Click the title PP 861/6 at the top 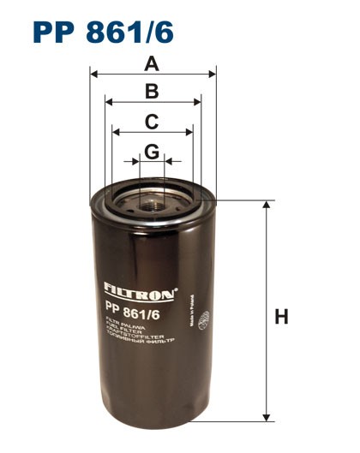click(103, 30)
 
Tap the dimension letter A click(153, 63)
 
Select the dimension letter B click(153, 92)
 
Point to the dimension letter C click(152, 122)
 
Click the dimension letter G click(152, 152)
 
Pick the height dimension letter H click(281, 317)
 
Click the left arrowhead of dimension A click(93, 75)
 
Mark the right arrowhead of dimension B click(198, 102)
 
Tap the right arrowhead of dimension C click(190, 133)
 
